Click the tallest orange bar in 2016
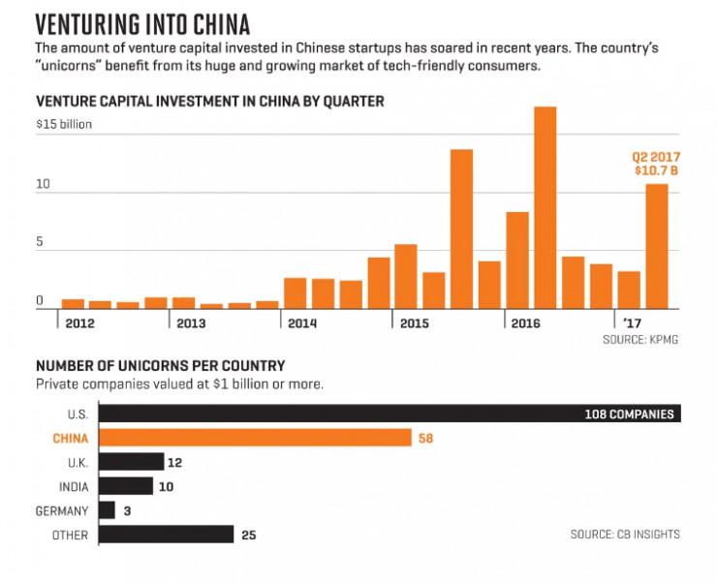click(546, 207)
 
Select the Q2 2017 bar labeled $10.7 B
click(657, 246)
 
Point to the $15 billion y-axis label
click(64, 125)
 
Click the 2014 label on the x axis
click(302, 322)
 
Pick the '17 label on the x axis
click(631, 322)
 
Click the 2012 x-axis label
click(79, 322)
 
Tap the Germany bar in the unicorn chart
click(107, 510)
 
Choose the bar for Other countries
click(166, 535)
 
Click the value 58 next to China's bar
click(425, 439)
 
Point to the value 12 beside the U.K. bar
click(176, 462)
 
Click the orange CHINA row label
click(70, 439)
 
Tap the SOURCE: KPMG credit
click(639, 341)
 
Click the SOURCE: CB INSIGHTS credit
click(625, 534)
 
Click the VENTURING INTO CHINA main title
click(142, 22)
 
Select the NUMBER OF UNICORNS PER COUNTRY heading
click(160, 366)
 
